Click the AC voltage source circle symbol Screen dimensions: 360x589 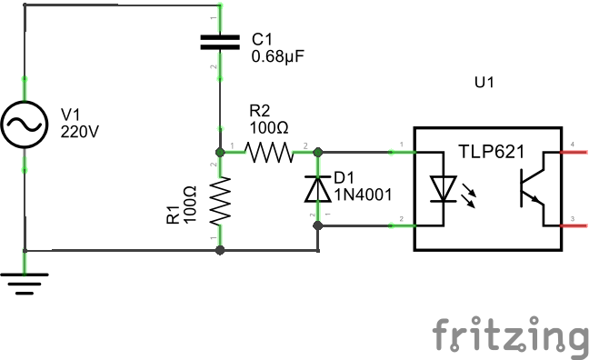[25, 125]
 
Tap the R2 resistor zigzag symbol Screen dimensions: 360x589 [267, 151]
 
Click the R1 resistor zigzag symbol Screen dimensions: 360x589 [219, 201]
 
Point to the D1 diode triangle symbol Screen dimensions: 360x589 [316, 188]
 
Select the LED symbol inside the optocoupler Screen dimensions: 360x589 [444, 187]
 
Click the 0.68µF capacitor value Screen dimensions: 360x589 [277, 56]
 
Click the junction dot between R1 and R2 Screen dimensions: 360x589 [219, 151]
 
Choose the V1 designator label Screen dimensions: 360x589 [71, 115]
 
